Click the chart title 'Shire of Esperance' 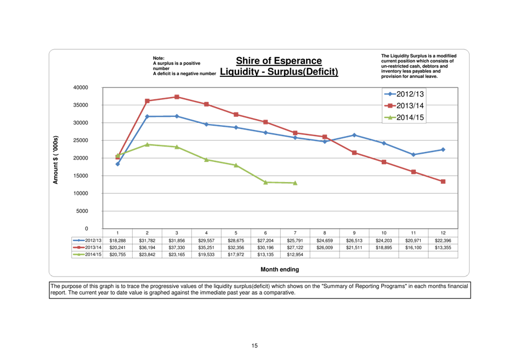(x=279, y=61)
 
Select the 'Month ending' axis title (x=280, y=269)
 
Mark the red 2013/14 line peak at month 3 (x=177, y=97)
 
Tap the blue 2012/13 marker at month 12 (x=443, y=149)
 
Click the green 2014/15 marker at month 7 (x=295, y=183)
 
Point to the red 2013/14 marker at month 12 (x=443, y=181)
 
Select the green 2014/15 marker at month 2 (x=147, y=144)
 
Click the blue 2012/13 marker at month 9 (x=354, y=135)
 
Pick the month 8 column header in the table (x=325, y=233)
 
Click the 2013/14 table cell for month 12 (x=443, y=248)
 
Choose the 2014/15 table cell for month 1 (x=117, y=255)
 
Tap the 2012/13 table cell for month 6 (x=265, y=240)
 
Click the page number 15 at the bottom (x=255, y=346)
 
